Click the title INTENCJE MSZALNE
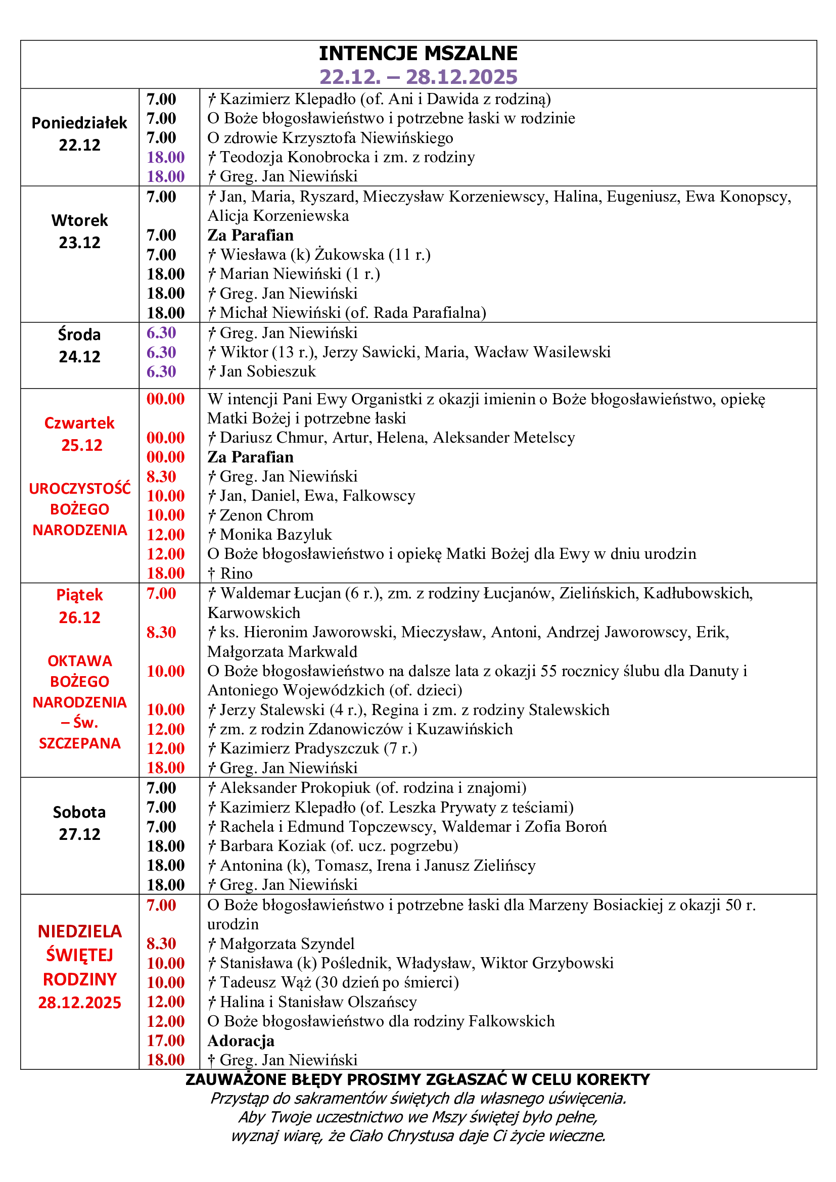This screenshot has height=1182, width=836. pyautogui.click(x=418, y=54)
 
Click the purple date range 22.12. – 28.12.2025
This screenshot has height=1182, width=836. pyautogui.click(x=418, y=77)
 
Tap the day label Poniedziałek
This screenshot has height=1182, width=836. pyautogui.click(x=79, y=122)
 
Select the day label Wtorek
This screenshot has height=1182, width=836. pyautogui.click(x=79, y=220)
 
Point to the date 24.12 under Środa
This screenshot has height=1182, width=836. pyautogui.click(x=79, y=356)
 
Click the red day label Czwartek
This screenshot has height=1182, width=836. pyautogui.click(x=79, y=422)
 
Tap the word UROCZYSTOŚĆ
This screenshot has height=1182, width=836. pyautogui.click(x=80, y=488)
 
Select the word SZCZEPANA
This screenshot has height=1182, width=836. pyautogui.click(x=80, y=743)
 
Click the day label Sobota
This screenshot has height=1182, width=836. pyautogui.click(x=79, y=812)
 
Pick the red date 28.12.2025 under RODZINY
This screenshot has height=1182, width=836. pyautogui.click(x=79, y=1002)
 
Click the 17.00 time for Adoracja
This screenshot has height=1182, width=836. pyautogui.click(x=165, y=1041)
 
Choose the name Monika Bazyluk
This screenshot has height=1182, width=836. pyautogui.click(x=276, y=534)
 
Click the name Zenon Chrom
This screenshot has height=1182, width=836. pyautogui.click(x=266, y=515)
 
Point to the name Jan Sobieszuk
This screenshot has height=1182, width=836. pyautogui.click(x=268, y=371)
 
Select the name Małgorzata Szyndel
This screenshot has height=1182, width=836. pyautogui.click(x=287, y=943)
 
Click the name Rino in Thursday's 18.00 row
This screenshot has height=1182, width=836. pyautogui.click(x=236, y=574)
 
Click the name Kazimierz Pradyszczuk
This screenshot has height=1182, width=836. pyautogui.click(x=299, y=748)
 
